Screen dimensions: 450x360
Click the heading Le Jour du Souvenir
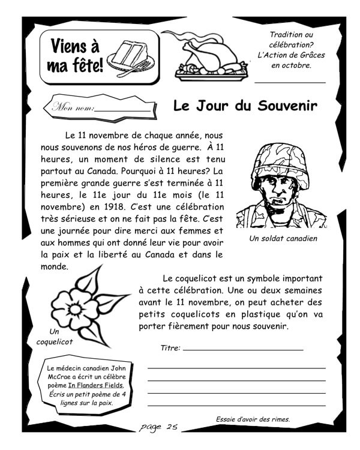(x=245, y=106)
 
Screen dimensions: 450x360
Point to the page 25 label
(x=158, y=427)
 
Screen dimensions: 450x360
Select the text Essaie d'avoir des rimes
(x=253, y=419)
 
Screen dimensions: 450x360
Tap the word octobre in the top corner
(x=299, y=65)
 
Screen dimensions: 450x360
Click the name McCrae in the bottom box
(x=59, y=377)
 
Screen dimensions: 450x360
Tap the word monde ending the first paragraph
(x=55, y=266)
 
